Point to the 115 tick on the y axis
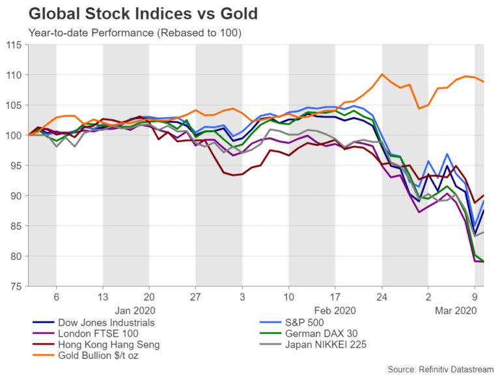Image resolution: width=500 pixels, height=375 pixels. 14,45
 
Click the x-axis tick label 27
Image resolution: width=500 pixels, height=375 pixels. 195,296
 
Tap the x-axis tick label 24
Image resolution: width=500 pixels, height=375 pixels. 382,296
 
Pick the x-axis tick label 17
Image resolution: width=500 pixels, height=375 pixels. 335,296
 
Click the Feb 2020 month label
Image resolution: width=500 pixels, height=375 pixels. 335,311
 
